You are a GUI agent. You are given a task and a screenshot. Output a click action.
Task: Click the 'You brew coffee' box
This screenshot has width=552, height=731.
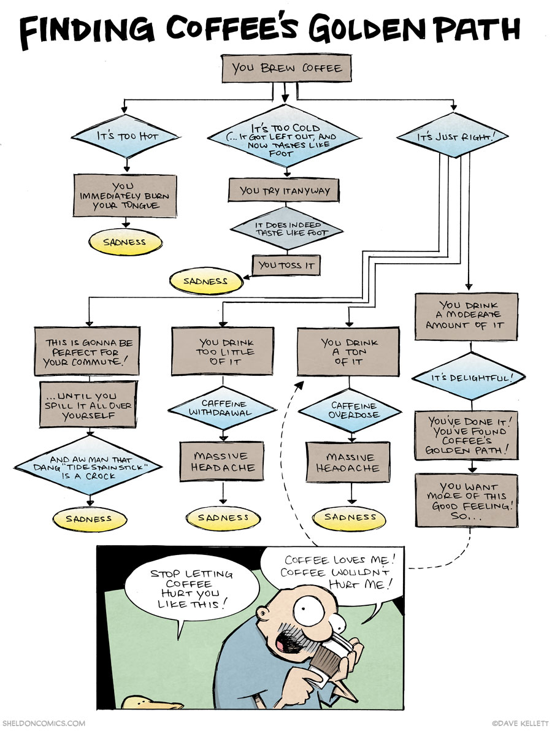point(286,67)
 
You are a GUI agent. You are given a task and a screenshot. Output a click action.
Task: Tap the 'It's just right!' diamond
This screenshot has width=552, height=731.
point(454,137)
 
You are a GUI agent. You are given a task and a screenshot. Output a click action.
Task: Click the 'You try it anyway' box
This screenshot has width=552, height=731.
point(284,190)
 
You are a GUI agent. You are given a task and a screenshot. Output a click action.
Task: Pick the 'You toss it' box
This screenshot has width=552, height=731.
point(286,265)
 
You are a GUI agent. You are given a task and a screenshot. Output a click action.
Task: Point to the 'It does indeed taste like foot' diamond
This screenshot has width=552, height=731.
point(287,228)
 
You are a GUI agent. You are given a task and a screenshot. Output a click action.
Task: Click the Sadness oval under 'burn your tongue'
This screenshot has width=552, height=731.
point(125,242)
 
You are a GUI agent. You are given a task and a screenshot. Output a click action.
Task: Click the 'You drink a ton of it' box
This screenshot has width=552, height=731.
point(348,351)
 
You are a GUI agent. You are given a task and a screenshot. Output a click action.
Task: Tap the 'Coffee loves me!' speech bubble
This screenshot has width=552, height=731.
point(335,572)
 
